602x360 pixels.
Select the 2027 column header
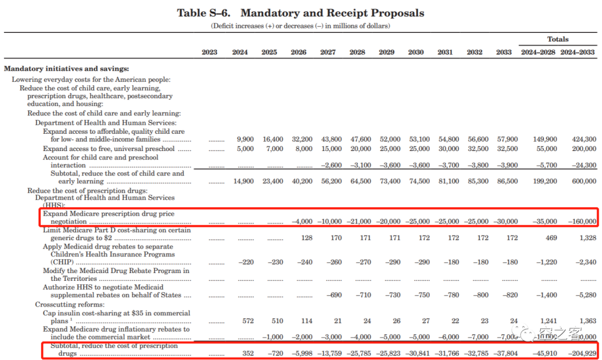click(328, 52)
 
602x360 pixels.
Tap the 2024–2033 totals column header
click(578, 52)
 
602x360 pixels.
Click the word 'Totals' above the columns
click(557, 40)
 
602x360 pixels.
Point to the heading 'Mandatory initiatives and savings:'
click(66, 69)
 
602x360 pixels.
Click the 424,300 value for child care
click(584, 139)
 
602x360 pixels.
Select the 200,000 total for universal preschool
click(584, 149)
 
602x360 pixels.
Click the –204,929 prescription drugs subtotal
click(581, 353)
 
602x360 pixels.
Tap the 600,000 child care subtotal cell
click(584, 181)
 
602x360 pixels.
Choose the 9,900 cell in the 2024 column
click(245, 139)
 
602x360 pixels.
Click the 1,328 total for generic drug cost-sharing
click(587, 238)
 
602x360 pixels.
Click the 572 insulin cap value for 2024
click(247, 321)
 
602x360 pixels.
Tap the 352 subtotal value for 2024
click(247, 353)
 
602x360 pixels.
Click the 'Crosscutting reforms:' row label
click(70, 305)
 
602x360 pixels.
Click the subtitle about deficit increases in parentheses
click(300, 26)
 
